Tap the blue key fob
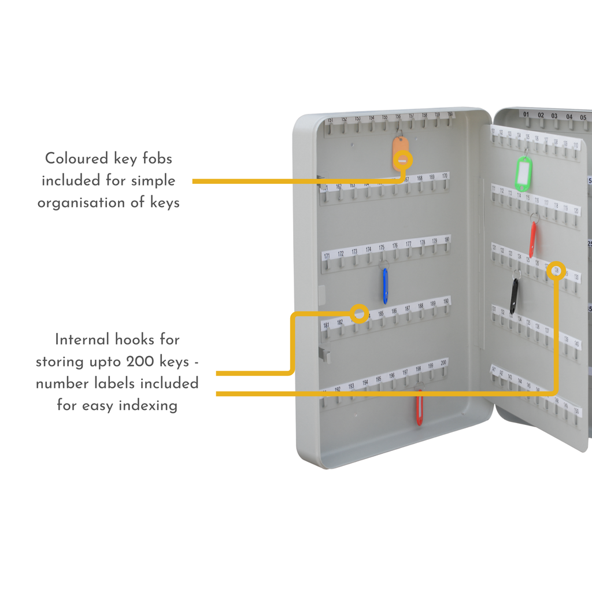(x=385, y=286)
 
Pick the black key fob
(x=513, y=296)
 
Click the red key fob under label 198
(x=419, y=408)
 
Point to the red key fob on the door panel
(x=532, y=239)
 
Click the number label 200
(x=443, y=363)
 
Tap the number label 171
(x=327, y=256)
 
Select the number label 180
(x=446, y=239)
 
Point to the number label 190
(x=446, y=302)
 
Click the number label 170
(x=445, y=176)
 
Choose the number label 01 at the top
(x=526, y=115)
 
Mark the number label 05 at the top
(x=583, y=117)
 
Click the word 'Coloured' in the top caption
(x=77, y=158)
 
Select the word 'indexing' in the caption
(x=148, y=406)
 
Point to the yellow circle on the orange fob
(x=403, y=160)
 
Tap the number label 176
(x=395, y=246)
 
